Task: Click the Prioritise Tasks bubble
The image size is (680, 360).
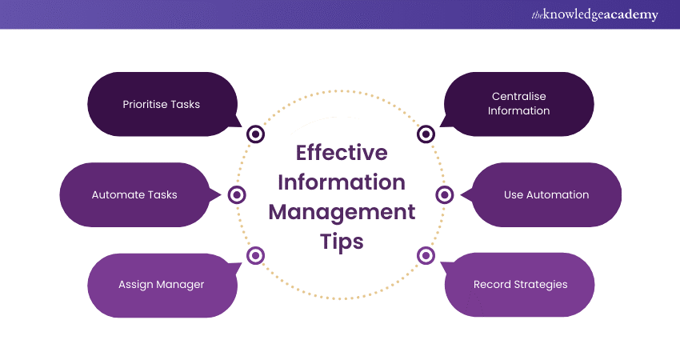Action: [161, 104]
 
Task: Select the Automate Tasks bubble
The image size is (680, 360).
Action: [134, 194]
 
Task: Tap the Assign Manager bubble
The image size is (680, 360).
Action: [161, 284]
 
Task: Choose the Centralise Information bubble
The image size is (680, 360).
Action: [519, 104]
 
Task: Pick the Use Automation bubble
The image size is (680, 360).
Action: [546, 194]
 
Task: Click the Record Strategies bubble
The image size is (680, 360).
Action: [520, 284]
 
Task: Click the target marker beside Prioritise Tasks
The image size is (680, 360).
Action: [256, 134]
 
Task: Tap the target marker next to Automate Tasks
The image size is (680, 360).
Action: [237, 194]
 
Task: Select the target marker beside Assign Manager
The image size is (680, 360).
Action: [256, 255]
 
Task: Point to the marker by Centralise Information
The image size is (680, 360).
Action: [426, 134]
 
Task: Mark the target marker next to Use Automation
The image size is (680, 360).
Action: [446, 194]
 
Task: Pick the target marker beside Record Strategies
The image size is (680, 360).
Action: [426, 255]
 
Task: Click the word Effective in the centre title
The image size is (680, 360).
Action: [342, 152]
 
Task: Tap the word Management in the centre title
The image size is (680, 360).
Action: [342, 212]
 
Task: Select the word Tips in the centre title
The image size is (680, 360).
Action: [342, 242]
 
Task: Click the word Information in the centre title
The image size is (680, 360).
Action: [342, 182]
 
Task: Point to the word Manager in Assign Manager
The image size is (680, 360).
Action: [181, 284]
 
